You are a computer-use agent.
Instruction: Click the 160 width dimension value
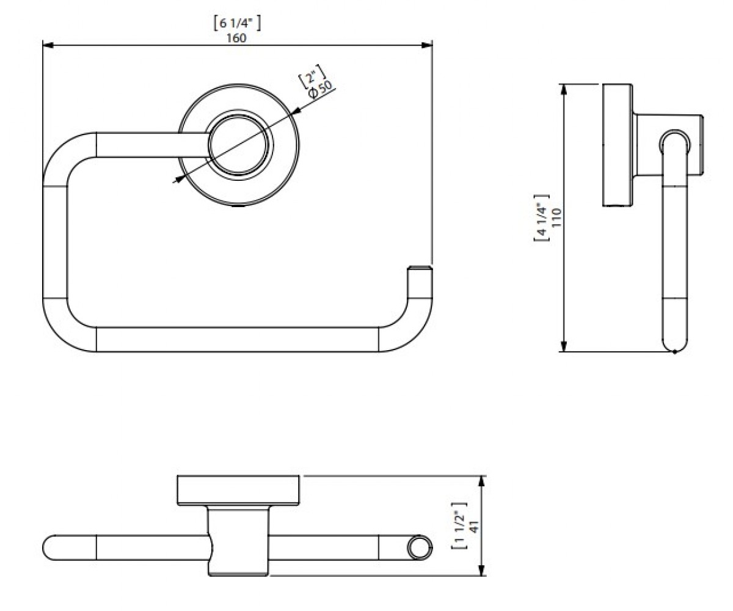coord(236,37)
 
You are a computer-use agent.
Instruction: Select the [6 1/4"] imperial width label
coord(238,24)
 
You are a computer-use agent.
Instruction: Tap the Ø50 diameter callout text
coord(321,90)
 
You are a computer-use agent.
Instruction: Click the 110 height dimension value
coord(556,218)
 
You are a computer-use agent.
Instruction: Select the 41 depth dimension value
coord(474,527)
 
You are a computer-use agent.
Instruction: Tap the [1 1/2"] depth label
coord(459,526)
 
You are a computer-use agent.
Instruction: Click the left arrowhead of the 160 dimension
coord(48,45)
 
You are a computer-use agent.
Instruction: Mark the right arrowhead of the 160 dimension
coord(427,45)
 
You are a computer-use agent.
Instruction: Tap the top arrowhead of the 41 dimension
coord(482,481)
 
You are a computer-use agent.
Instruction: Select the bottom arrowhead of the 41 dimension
coord(482,570)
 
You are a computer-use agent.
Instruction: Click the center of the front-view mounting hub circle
coord(239,145)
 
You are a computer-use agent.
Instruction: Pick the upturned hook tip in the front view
coord(420,269)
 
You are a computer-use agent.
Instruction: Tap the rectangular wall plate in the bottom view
coord(238,490)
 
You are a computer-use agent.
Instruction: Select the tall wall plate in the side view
coord(618,145)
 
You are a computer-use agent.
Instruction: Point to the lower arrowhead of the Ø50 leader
coord(179,179)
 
